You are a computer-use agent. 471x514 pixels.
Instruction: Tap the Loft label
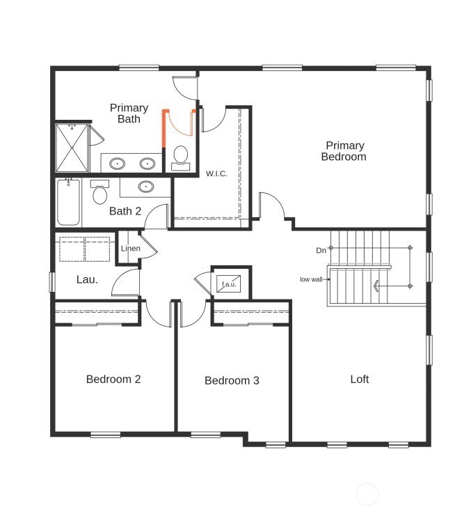(360, 380)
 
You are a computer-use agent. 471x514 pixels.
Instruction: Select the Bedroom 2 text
(113, 380)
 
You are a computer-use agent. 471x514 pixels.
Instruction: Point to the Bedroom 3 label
(232, 381)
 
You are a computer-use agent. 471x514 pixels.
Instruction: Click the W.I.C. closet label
(216, 173)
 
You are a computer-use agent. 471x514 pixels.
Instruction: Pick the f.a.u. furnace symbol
(228, 284)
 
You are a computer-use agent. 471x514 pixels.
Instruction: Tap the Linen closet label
(130, 249)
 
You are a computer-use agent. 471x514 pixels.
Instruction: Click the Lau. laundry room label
(87, 280)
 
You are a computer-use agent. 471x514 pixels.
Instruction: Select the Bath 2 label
(125, 211)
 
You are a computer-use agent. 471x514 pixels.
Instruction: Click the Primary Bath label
(129, 114)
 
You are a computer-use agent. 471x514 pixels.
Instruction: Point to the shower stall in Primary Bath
(72, 148)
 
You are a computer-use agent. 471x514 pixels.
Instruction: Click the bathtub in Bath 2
(68, 203)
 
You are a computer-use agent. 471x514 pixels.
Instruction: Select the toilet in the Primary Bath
(181, 156)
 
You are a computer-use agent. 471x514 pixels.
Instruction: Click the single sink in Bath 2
(146, 187)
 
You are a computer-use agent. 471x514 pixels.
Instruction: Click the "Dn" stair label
(321, 250)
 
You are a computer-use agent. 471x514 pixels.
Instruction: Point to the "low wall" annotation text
(311, 279)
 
